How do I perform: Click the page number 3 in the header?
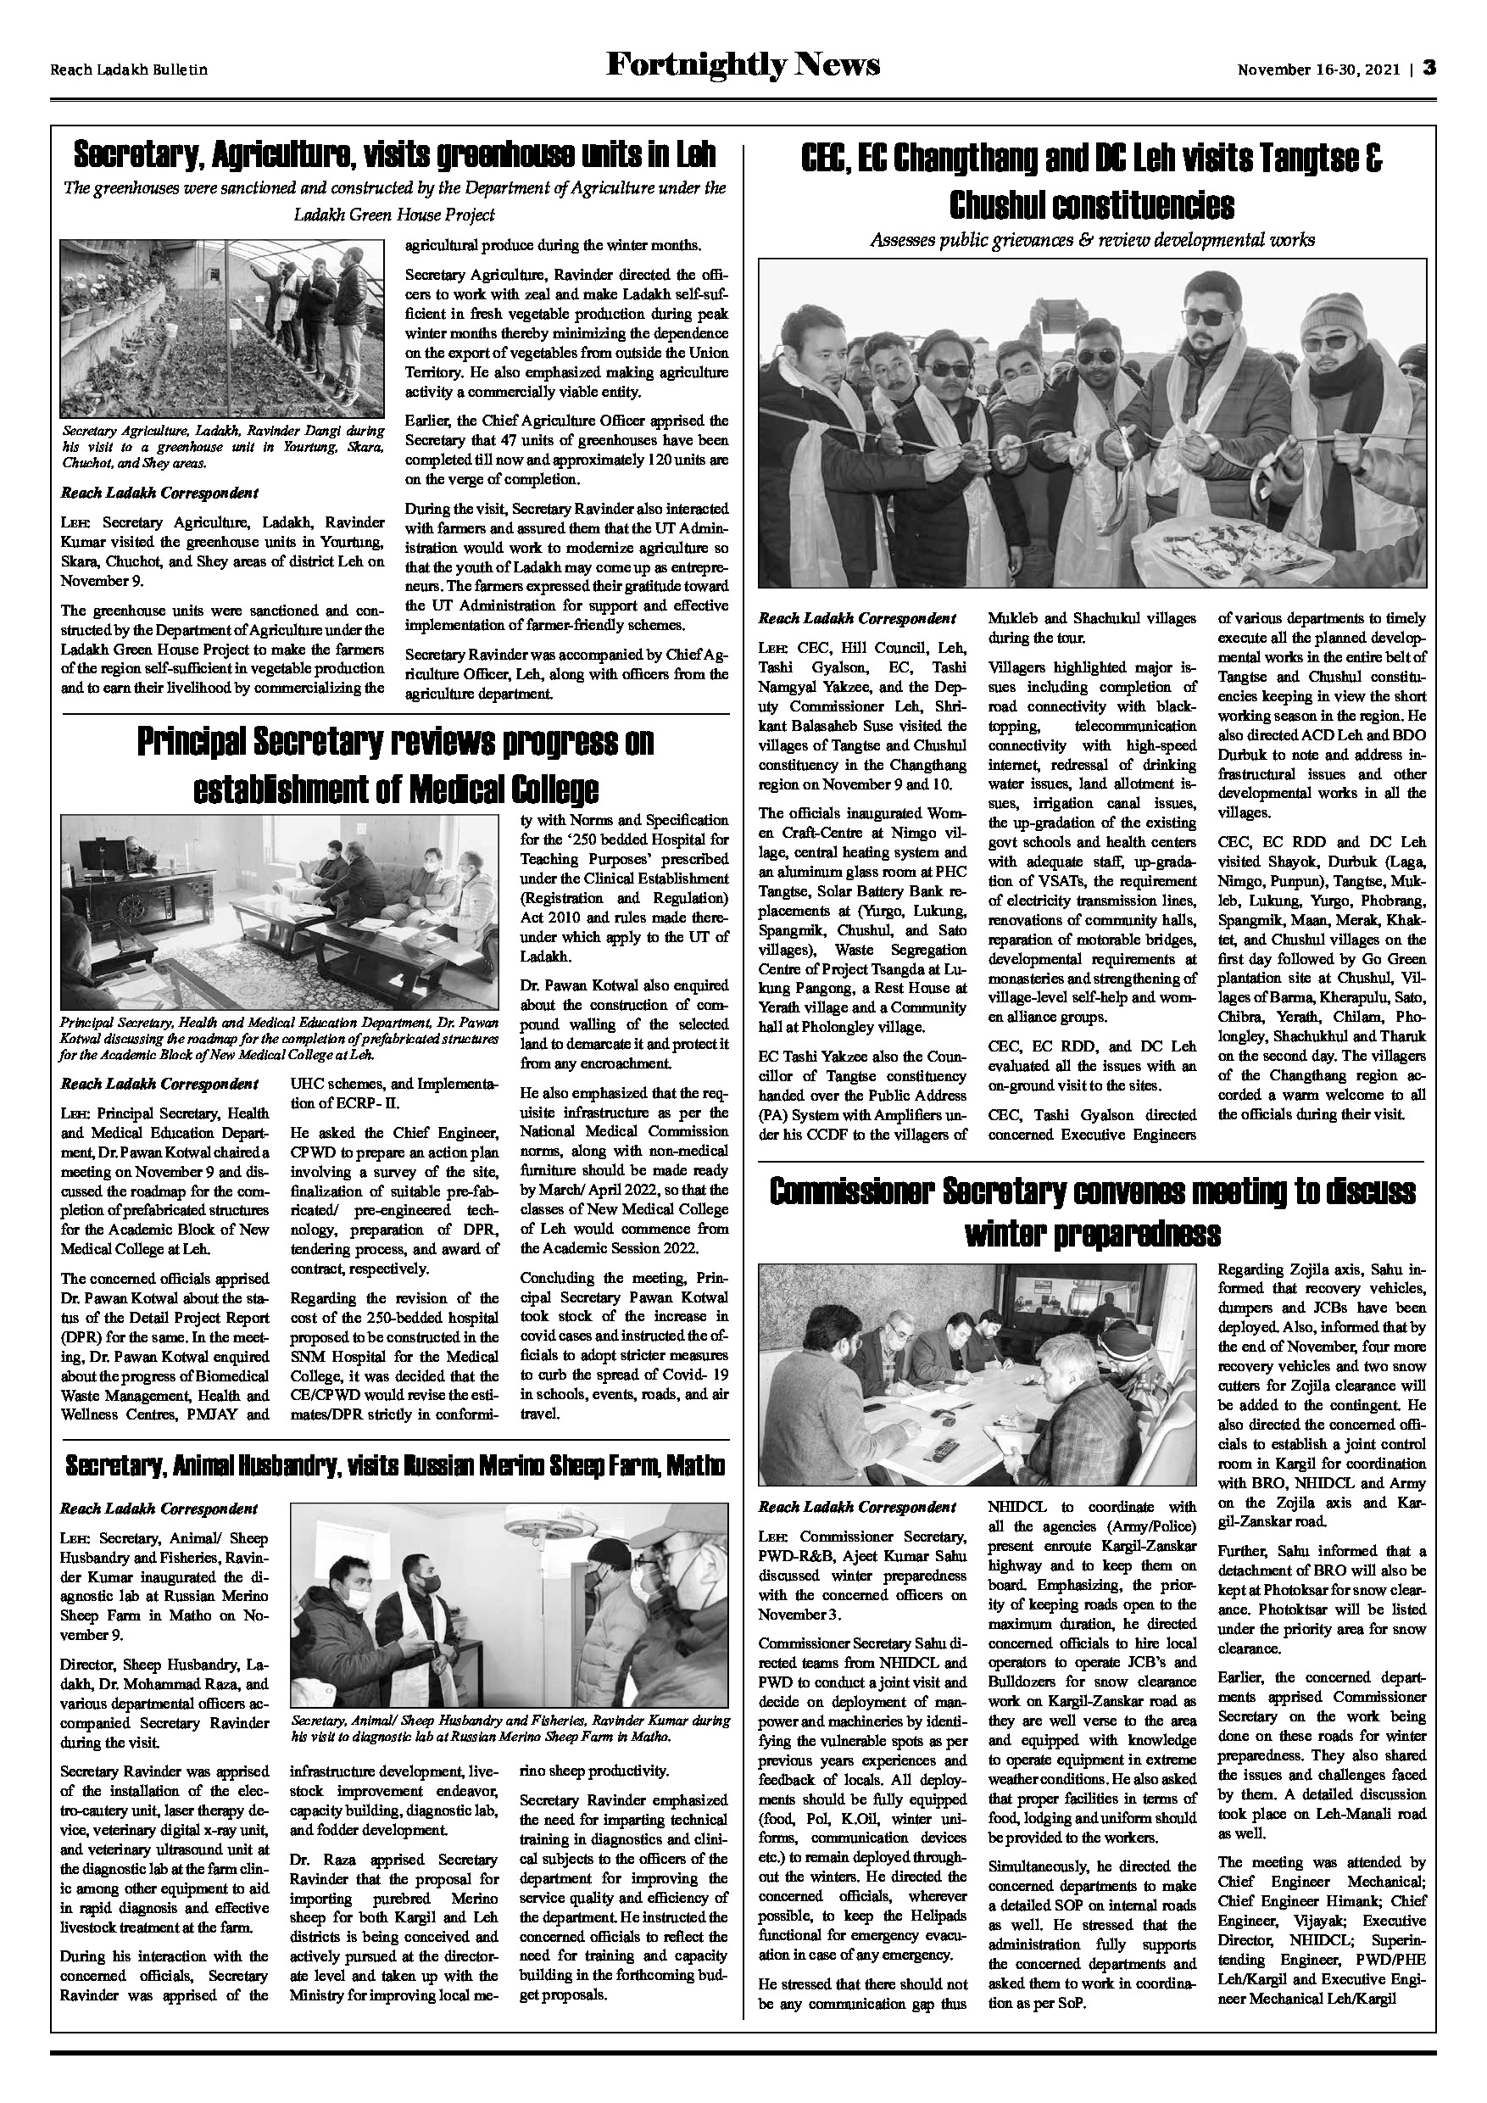[1429, 69]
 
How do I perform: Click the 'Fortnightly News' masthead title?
[743, 66]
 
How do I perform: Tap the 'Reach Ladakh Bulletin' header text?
[128, 70]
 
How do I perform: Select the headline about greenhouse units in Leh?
[395, 155]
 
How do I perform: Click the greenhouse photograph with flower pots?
[222, 329]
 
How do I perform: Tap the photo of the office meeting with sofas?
[279, 912]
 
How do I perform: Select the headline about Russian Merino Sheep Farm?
[395, 1467]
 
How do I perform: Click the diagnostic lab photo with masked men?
[510, 1607]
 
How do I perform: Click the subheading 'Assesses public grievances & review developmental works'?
[1091, 241]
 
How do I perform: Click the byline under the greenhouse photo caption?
[159, 493]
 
